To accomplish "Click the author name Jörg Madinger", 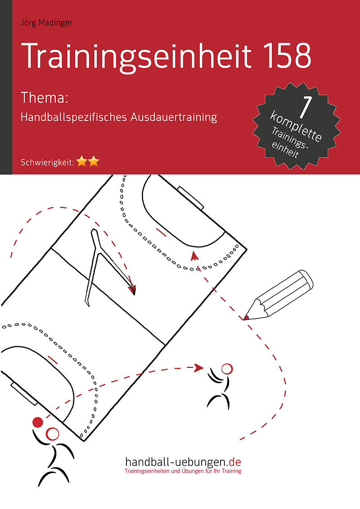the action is pos(46,23).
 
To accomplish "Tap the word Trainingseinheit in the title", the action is pos(136,56).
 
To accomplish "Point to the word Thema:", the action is pos(44,98).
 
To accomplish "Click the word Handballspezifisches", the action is pos(73,117).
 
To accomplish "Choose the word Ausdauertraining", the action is pos(174,117).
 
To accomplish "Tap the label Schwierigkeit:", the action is pos(47,162).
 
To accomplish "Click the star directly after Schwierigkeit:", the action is pos(82,161).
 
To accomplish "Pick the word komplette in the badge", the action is pos(296,126).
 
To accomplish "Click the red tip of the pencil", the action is pos(246,317).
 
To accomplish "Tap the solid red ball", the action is pos(38,422).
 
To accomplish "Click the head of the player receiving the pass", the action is pos(227,369).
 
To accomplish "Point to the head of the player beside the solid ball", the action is pos(52,434).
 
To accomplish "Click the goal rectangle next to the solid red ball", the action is pos(24,394).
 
